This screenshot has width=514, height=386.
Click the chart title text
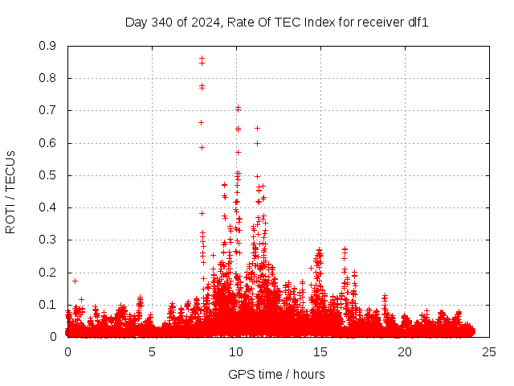point(276,22)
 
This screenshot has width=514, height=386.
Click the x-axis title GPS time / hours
point(276,374)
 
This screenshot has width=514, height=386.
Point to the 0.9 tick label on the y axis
point(47,46)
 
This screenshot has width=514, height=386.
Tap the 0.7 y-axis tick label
point(47,110)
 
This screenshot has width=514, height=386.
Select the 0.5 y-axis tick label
point(47,175)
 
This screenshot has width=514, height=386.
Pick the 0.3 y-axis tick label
point(47,240)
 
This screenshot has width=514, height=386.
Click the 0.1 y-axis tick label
point(47,305)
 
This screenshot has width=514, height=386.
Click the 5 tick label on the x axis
point(152,352)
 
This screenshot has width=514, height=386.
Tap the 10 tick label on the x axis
point(236,352)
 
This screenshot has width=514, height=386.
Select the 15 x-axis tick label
point(320,352)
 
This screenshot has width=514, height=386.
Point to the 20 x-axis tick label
point(405,352)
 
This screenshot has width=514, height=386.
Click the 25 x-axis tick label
point(489,352)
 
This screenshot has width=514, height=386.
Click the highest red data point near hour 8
point(202,58)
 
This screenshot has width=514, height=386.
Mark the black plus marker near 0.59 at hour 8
point(202,147)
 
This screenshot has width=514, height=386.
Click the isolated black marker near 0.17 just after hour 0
point(75,281)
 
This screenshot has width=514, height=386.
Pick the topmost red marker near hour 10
point(238,108)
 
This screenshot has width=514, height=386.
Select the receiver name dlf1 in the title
point(418,22)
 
